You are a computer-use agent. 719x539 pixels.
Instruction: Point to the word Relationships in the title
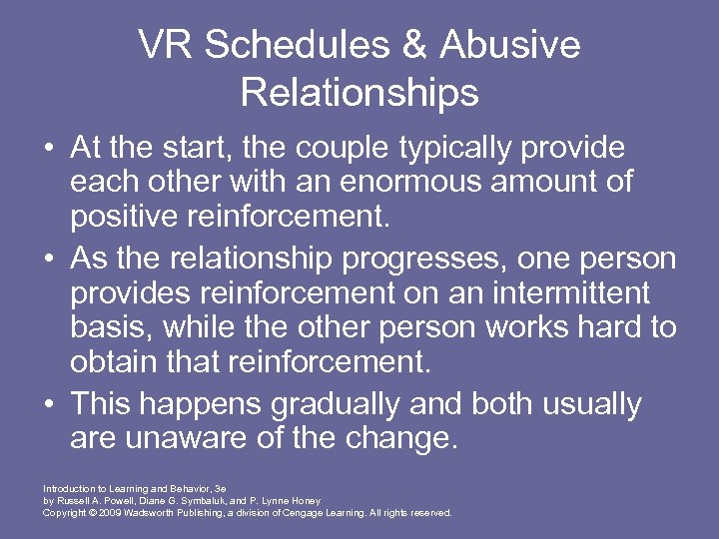[359, 93]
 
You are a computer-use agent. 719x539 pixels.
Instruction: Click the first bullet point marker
[49, 150]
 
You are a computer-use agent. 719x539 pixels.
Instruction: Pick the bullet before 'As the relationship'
[49, 260]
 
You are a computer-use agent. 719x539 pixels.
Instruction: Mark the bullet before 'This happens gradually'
[49, 405]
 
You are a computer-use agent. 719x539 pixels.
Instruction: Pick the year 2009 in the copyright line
[107, 512]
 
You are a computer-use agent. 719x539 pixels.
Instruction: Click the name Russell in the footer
[70, 501]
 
